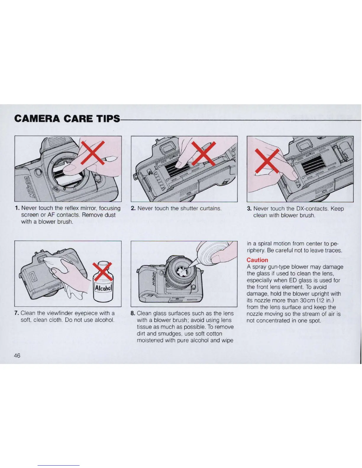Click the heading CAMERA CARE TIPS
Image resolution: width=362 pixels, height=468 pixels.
click(67, 119)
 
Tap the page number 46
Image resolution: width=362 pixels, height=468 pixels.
click(17, 356)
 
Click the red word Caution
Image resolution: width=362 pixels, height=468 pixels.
click(257, 260)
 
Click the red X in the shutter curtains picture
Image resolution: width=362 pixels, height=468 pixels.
click(203, 153)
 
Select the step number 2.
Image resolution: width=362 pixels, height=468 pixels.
click(133, 208)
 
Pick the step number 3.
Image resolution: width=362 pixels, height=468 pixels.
click(249, 209)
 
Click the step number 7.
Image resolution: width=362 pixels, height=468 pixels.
click(17, 313)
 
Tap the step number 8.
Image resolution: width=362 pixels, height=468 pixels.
click(133, 313)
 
